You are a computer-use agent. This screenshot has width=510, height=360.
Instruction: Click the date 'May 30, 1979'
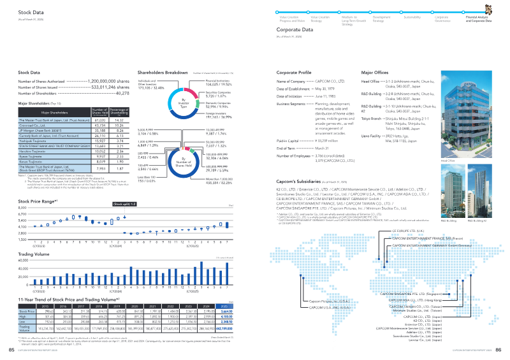tap(326, 89)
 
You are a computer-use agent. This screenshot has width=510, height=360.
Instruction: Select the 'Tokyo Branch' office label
tap(371, 118)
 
